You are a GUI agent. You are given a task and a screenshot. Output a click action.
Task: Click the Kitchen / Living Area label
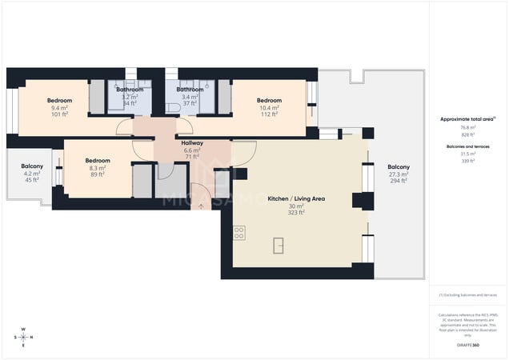pyautogui.click(x=289, y=198)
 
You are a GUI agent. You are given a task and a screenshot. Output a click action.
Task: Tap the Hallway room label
pyautogui.click(x=193, y=143)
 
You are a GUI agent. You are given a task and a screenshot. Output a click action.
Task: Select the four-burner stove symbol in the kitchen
pyautogui.click(x=238, y=233)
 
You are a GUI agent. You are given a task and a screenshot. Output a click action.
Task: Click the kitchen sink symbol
pyautogui.click(x=278, y=246)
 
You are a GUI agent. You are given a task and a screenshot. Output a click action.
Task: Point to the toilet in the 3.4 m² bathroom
pyautogui.click(x=172, y=107)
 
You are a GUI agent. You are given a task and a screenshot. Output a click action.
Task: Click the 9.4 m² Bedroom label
pyautogui.click(x=60, y=101)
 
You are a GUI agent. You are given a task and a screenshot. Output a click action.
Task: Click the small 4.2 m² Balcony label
pyautogui.click(x=32, y=166)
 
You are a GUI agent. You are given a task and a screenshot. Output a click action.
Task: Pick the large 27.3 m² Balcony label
pyautogui.click(x=399, y=166)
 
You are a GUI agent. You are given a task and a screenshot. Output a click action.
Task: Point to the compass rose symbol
pyautogui.click(x=24, y=337)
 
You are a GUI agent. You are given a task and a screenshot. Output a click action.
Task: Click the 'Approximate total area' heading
pyautogui.click(x=467, y=119)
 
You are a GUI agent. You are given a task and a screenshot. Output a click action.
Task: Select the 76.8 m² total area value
pyautogui.click(x=467, y=127)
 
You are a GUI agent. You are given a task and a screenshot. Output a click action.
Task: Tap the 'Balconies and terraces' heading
pyautogui.click(x=467, y=146)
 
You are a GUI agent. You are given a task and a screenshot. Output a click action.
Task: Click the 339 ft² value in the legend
pyautogui.click(x=467, y=161)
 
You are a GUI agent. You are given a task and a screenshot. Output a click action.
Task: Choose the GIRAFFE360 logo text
pyautogui.click(x=468, y=344)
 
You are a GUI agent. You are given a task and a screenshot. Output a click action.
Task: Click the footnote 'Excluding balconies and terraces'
pyautogui.click(x=468, y=295)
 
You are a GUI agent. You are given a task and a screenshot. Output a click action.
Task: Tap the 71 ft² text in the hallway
pyautogui.click(x=193, y=158)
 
